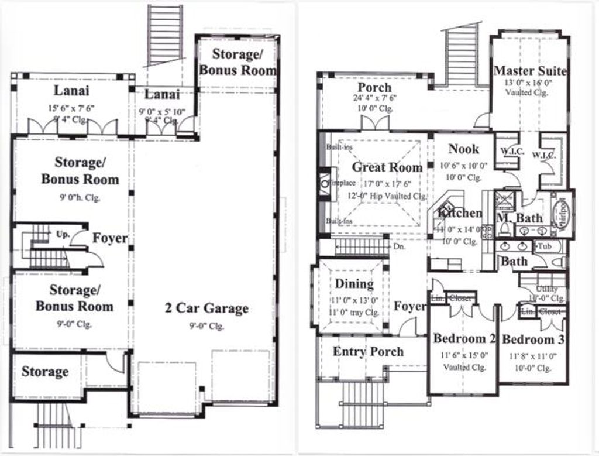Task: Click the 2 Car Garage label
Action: coord(206,308)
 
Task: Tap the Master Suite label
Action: coord(530,71)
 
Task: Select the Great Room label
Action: coord(387,167)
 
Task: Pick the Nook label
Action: coord(464,149)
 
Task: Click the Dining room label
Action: coord(354,284)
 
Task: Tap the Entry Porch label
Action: coord(368,351)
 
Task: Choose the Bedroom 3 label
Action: coord(533,340)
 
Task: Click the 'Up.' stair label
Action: coord(63,234)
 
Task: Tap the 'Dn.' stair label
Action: coord(400,247)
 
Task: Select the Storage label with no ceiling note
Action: coord(45,372)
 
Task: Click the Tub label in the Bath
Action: coord(545,246)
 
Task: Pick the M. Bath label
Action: coord(519,218)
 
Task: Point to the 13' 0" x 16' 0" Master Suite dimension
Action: coord(528,83)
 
